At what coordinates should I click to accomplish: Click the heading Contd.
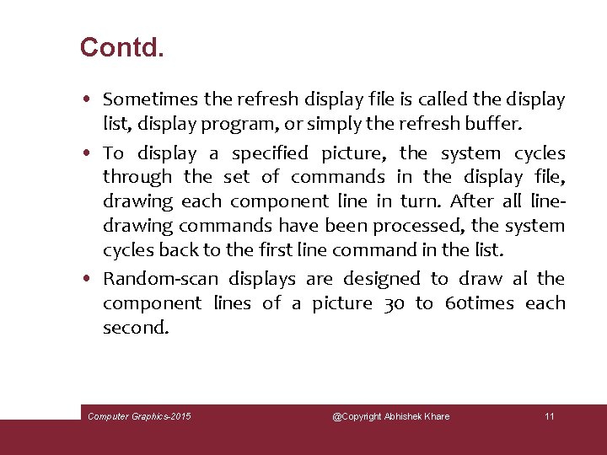tap(121, 47)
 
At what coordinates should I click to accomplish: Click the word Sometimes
tap(150, 99)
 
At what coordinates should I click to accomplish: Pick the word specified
tap(270, 153)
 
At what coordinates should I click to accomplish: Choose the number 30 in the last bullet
tap(394, 303)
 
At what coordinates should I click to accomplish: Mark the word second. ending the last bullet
tap(136, 328)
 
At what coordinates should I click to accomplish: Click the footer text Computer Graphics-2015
tap(140, 416)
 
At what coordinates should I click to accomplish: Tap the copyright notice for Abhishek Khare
tap(390, 416)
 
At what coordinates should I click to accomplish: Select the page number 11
tap(550, 416)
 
